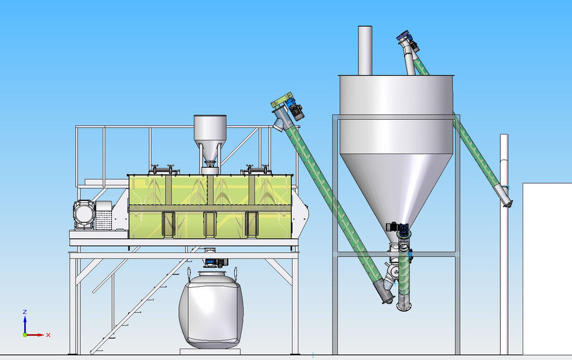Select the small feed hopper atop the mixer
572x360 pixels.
pyautogui.click(x=210, y=128)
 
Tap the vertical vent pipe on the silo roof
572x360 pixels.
pyautogui.click(x=365, y=50)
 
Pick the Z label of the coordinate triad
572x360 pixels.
pyautogui.click(x=24, y=312)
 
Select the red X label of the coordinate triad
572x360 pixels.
pyautogui.click(x=48, y=335)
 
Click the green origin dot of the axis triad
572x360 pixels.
pyautogui.click(x=25, y=334)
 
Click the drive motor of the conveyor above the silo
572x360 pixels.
pyautogui.click(x=407, y=39)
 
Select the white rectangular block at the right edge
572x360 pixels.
pyautogui.click(x=547, y=268)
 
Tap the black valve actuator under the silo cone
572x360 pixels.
pyautogui.click(x=396, y=227)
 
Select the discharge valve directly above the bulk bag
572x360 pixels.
pyautogui.click(x=211, y=261)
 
